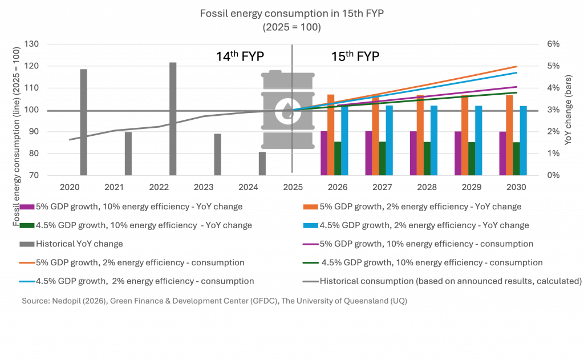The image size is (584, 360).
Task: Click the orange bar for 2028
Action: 420,137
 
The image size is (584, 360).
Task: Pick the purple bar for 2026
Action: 324,153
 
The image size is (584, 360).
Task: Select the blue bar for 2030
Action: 523,140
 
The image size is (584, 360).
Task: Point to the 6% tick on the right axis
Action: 554,45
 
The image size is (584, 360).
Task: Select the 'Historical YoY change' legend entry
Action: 79,244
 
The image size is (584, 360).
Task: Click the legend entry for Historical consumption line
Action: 451,281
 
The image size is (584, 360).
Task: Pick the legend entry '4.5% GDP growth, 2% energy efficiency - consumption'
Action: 145,281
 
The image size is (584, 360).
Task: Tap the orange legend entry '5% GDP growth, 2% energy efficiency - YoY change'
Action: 423,207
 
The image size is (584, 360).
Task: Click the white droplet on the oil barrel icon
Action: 285,110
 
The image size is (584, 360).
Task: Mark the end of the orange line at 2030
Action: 517,66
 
